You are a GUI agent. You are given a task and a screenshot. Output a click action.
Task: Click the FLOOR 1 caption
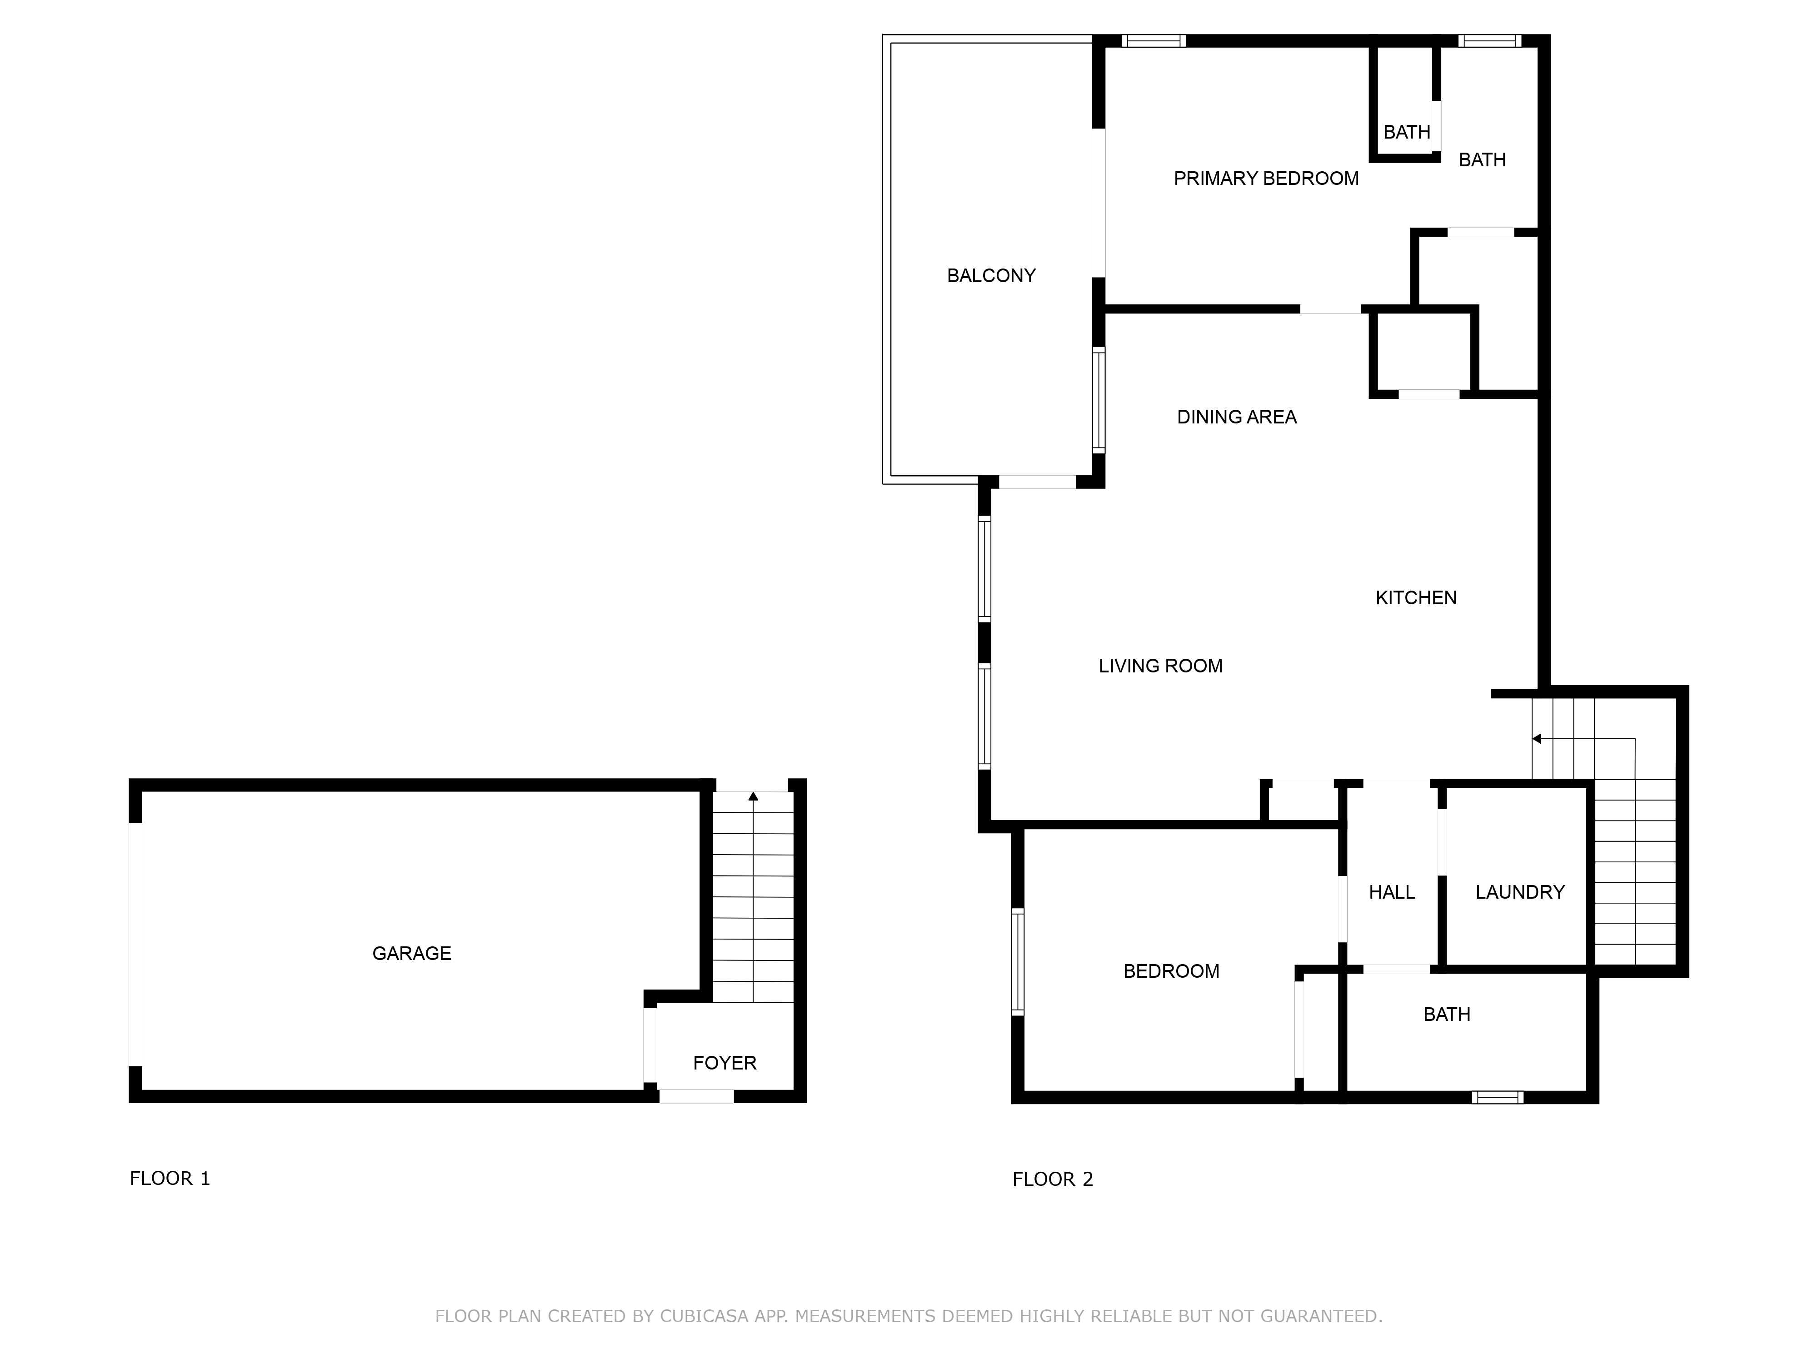(170, 1178)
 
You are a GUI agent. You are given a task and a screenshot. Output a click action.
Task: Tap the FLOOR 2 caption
(1052, 1179)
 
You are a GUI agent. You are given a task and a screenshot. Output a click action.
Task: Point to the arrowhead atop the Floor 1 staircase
(753, 796)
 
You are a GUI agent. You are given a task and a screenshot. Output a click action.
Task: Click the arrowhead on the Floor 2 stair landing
(1536, 739)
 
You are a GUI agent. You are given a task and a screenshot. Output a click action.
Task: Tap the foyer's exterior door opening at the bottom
(696, 1096)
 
